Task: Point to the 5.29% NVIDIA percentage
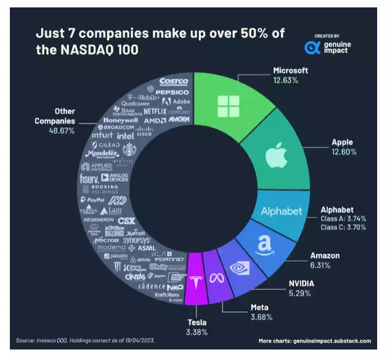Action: [302, 293]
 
